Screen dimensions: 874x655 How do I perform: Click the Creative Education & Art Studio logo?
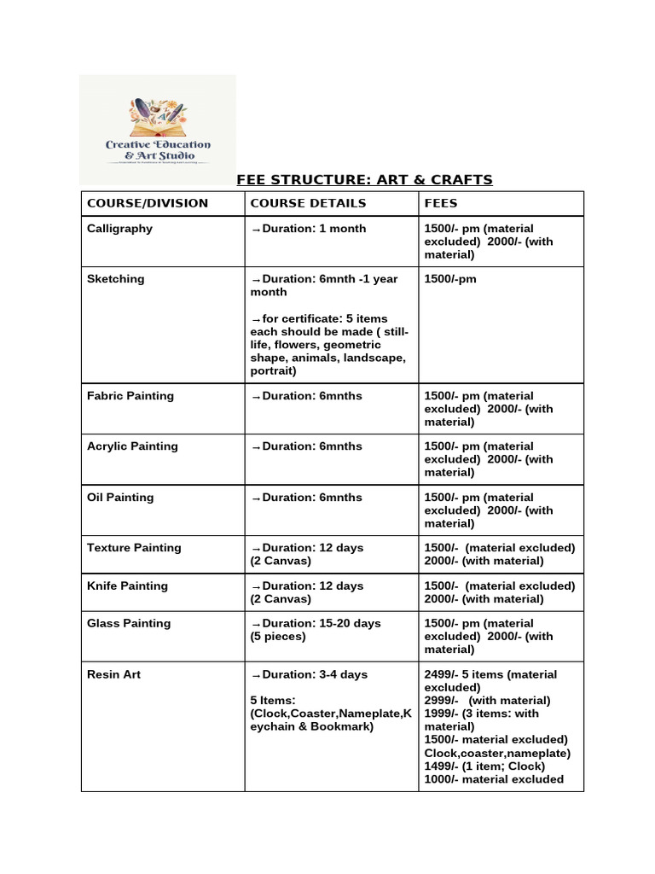point(158,130)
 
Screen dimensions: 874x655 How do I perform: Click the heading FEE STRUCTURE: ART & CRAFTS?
point(364,179)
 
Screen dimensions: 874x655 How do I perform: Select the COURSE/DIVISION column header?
point(148,203)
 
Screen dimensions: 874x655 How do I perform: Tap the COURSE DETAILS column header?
point(308,203)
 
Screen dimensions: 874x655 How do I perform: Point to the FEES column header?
point(441,203)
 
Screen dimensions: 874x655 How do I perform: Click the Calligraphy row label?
point(120,229)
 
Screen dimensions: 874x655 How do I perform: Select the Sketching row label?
point(116,279)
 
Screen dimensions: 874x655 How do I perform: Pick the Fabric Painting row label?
point(130,396)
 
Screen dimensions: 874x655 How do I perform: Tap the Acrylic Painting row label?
point(132,446)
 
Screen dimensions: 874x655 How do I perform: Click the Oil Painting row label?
point(120,498)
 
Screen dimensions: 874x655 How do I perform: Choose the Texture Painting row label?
point(134,548)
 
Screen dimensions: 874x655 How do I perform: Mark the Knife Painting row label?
point(128,586)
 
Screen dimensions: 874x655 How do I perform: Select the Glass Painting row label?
point(129,624)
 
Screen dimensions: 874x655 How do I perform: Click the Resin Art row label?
point(113,674)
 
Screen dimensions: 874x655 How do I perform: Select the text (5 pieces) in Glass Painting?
point(277,637)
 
